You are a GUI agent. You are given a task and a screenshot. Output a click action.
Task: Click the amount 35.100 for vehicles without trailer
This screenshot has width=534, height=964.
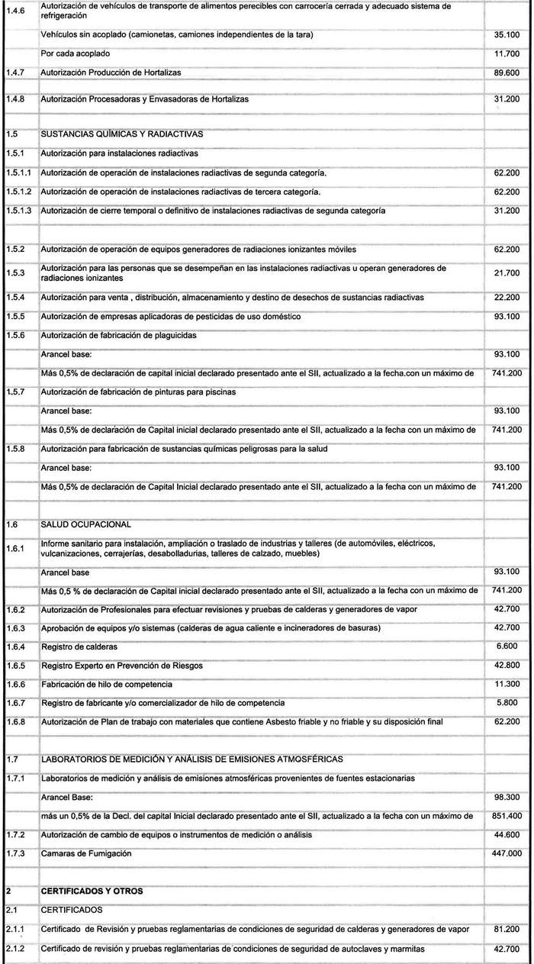pyautogui.click(x=507, y=36)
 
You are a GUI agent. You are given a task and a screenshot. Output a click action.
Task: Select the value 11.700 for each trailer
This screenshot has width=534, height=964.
pyautogui.click(x=507, y=54)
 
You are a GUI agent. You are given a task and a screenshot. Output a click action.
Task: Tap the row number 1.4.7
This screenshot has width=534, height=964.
pyautogui.click(x=15, y=73)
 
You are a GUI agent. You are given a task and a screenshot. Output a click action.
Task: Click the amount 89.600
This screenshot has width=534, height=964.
pyautogui.click(x=507, y=73)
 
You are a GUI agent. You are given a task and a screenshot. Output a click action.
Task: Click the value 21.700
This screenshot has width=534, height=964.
pyautogui.click(x=507, y=272)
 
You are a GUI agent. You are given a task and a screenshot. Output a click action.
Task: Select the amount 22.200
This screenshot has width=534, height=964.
pyautogui.click(x=507, y=297)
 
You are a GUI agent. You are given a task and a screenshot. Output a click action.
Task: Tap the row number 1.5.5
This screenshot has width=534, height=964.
pyautogui.click(x=15, y=316)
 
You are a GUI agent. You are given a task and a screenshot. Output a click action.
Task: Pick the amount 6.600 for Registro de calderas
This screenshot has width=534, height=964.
pyautogui.click(x=509, y=646)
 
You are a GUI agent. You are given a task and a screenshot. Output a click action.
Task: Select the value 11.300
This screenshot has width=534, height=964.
pyautogui.click(x=507, y=684)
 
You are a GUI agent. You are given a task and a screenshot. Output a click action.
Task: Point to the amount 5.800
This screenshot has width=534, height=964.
pyautogui.click(x=509, y=702)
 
